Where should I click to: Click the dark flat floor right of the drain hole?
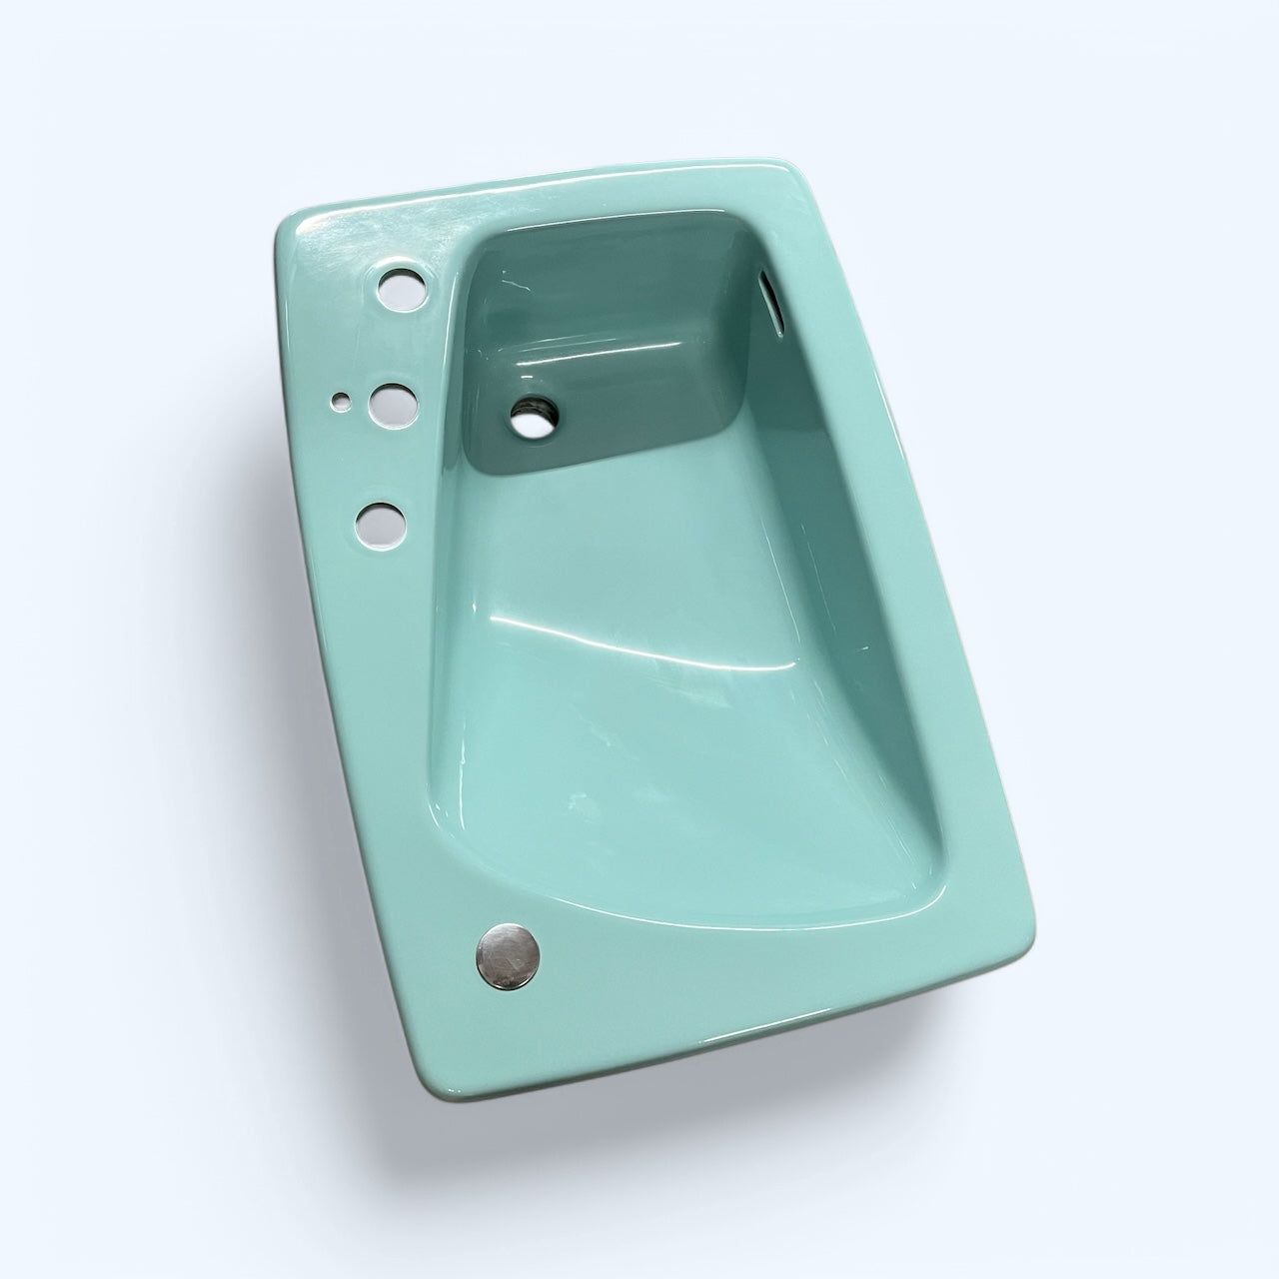[x=639, y=400]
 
